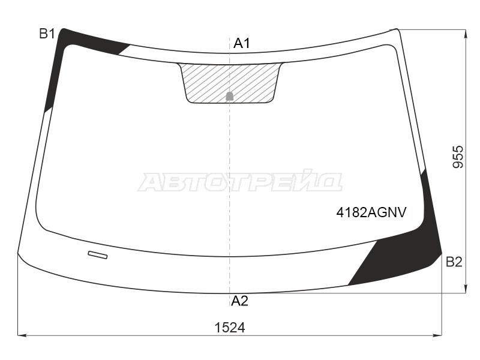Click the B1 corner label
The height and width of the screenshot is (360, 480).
coord(47,34)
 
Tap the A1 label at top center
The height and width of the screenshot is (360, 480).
coord(242,43)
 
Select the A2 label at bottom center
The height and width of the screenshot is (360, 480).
coord(239,301)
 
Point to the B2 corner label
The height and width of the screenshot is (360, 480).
coord(454,262)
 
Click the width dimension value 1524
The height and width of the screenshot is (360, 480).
coord(230,328)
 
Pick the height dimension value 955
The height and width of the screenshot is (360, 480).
coord(458,157)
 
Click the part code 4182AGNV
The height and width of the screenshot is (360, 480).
coord(371,212)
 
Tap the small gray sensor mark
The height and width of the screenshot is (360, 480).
coord(230,96)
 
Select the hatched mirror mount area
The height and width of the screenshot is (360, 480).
coord(230,82)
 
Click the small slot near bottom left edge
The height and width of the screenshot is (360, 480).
coord(98,254)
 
